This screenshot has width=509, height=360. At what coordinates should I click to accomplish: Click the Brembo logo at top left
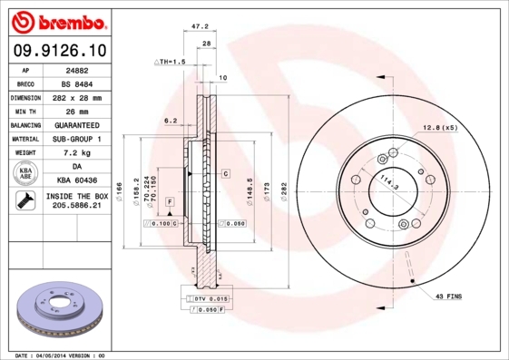[x=59, y=23]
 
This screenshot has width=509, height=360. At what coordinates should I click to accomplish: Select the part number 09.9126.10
[x=60, y=51]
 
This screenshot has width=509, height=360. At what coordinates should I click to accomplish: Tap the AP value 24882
[x=77, y=71]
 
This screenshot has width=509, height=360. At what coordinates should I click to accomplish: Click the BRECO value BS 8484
[x=77, y=84]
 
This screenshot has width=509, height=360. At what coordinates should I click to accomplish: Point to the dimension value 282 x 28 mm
[x=77, y=98]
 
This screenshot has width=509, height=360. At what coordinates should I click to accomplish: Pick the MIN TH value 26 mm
[x=77, y=112]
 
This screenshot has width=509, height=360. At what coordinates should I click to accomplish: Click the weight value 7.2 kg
[x=77, y=152]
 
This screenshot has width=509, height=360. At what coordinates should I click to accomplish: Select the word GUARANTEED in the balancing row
[x=77, y=125]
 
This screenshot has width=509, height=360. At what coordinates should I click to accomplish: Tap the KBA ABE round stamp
[x=25, y=173]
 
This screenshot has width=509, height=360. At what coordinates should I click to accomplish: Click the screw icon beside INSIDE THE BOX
[x=25, y=200]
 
